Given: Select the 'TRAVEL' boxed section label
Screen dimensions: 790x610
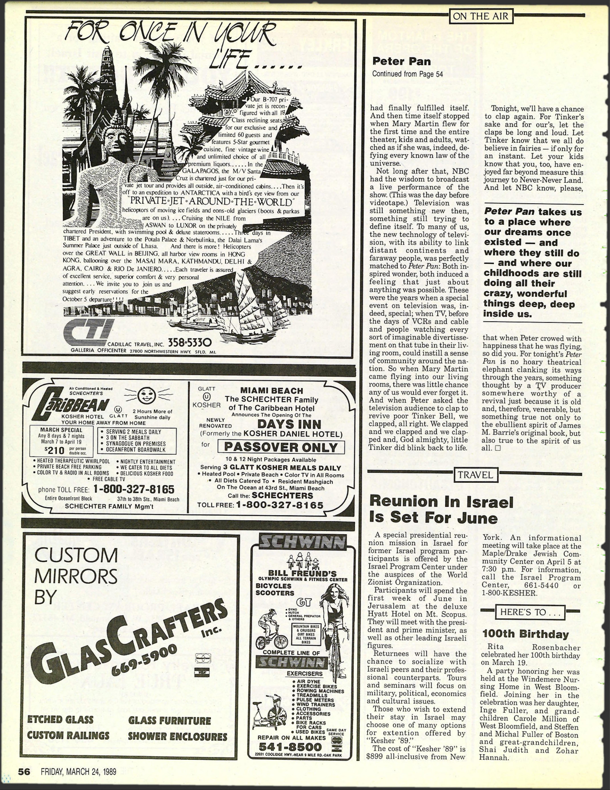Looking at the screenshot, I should [475, 475].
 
